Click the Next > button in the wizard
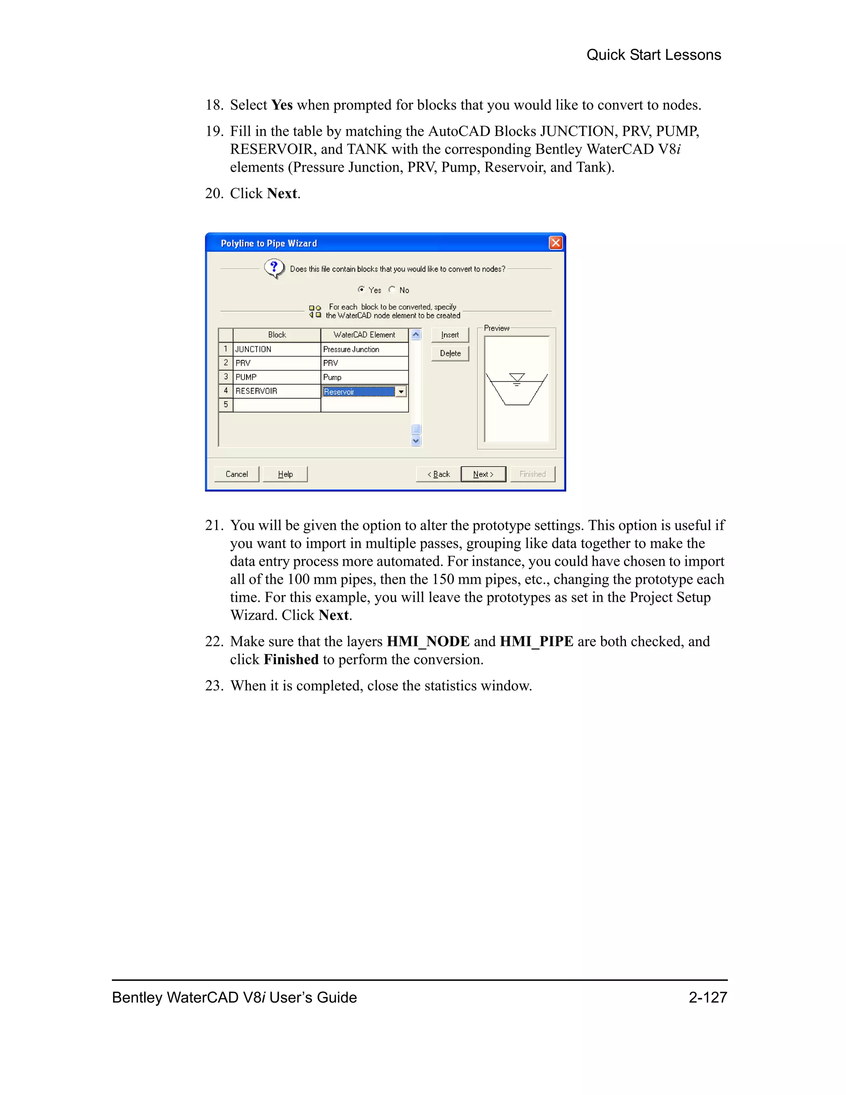tap(482, 474)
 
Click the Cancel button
tap(237, 474)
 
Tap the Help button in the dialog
tap(285, 474)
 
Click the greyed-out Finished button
tap(532, 474)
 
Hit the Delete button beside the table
tap(449, 353)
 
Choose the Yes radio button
tap(361, 289)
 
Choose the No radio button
tap(392, 289)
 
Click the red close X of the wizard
tap(555, 243)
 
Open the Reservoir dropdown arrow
tap(401, 392)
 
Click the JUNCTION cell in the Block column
tap(277, 349)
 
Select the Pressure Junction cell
tap(364, 349)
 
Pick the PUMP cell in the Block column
tap(277, 377)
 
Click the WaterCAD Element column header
tap(364, 334)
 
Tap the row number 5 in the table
tap(226, 405)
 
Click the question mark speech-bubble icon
tap(274, 268)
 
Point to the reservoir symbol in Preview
tap(517, 389)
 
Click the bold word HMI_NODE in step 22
tap(428, 641)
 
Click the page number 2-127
tap(707, 997)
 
